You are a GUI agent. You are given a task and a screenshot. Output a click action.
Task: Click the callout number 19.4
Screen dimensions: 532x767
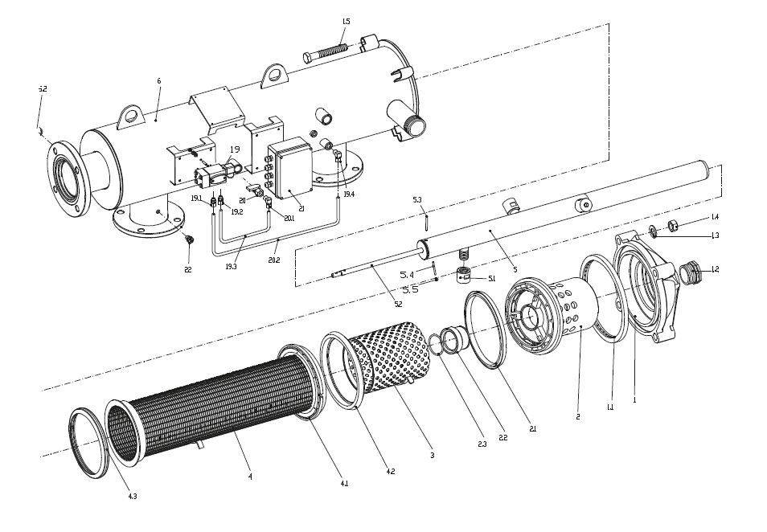pyautogui.click(x=348, y=194)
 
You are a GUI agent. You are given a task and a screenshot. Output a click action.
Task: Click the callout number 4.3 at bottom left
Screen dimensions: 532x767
pyautogui.click(x=132, y=497)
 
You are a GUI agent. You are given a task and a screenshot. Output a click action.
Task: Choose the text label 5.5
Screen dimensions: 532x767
pyautogui.click(x=410, y=289)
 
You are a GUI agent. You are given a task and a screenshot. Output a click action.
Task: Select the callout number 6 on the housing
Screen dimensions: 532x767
pyautogui.click(x=159, y=81)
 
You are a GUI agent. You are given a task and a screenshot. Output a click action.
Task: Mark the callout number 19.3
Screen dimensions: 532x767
pyautogui.click(x=232, y=266)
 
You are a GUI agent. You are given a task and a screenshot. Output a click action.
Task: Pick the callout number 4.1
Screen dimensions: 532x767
pyautogui.click(x=344, y=484)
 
